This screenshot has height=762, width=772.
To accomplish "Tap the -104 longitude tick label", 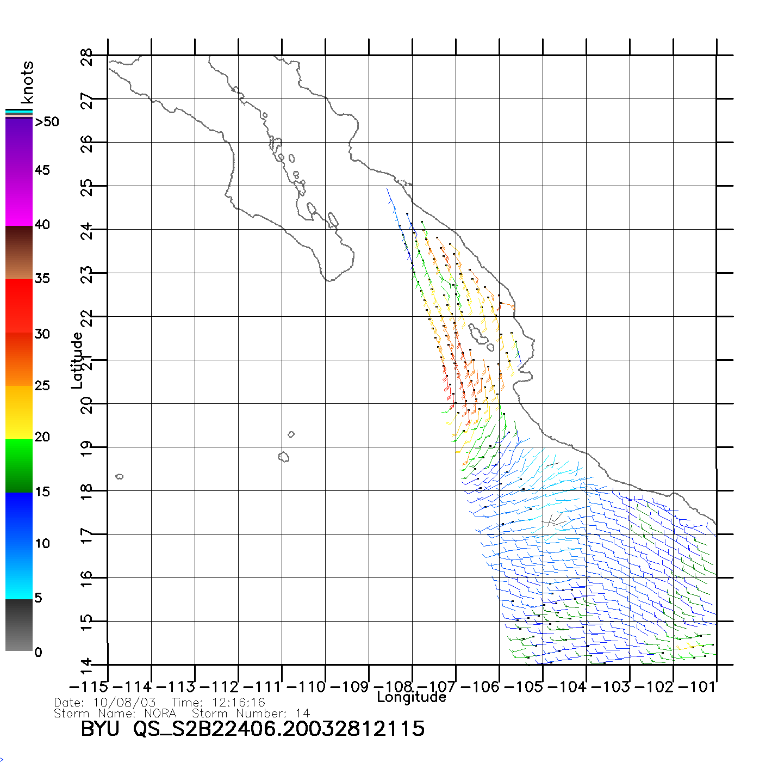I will (566, 687).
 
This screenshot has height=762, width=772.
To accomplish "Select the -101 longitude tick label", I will (697, 687).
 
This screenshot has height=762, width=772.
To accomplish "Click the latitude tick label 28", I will (87, 57).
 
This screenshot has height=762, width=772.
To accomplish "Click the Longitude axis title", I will (412, 697).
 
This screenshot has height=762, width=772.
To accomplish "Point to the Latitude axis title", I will (77, 360).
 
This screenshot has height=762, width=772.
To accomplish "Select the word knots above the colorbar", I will (27, 82).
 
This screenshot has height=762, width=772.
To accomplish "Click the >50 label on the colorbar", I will (47, 122).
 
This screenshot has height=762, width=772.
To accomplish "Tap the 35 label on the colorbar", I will (42, 279).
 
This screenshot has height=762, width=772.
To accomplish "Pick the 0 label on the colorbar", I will (38, 652).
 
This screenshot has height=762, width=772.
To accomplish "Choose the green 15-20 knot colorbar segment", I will (19, 465).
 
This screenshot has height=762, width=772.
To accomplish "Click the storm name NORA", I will (160, 713).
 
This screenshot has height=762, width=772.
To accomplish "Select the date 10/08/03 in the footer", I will (124, 703).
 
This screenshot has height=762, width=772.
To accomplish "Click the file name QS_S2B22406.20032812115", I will (279, 729).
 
